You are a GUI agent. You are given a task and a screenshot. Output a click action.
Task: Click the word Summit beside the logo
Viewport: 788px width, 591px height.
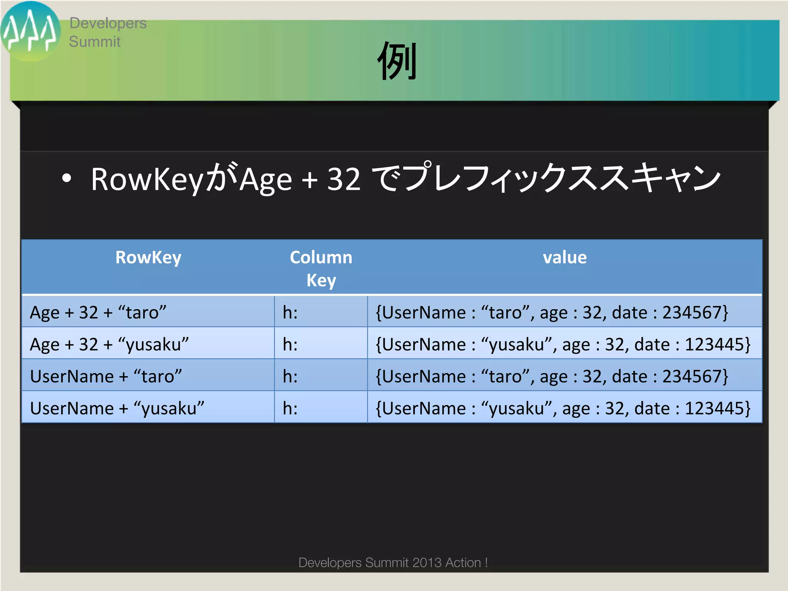(95, 42)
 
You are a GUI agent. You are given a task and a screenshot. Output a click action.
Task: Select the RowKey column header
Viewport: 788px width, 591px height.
(148, 257)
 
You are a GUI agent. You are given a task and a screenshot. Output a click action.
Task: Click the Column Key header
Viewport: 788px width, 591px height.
(321, 268)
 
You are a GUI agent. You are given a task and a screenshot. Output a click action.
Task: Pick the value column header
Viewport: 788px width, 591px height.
(564, 257)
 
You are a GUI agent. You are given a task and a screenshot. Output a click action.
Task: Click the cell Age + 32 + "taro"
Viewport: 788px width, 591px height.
(98, 312)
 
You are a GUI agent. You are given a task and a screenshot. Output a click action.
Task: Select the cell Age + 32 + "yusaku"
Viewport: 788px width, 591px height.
(109, 344)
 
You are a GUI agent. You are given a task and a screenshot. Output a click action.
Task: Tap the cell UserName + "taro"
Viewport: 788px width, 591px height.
(106, 376)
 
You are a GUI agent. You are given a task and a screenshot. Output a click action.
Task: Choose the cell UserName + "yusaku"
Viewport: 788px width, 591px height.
(117, 408)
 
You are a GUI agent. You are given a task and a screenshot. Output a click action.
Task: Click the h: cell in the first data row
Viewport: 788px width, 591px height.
(290, 312)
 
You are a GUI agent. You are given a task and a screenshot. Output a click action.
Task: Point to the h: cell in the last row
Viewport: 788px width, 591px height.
(290, 408)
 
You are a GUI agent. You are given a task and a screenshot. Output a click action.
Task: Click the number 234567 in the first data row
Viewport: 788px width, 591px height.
(692, 312)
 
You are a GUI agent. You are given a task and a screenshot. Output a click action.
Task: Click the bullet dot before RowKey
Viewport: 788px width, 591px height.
(67, 179)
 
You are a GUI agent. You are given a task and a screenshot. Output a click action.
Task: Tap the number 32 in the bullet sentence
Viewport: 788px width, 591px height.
(344, 179)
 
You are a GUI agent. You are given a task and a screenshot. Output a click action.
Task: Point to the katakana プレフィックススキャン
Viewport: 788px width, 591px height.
(562, 178)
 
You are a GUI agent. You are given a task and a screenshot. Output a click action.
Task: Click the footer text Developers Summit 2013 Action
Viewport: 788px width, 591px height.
(393, 563)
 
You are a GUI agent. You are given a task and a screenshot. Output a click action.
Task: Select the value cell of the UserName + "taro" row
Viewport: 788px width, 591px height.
(552, 376)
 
